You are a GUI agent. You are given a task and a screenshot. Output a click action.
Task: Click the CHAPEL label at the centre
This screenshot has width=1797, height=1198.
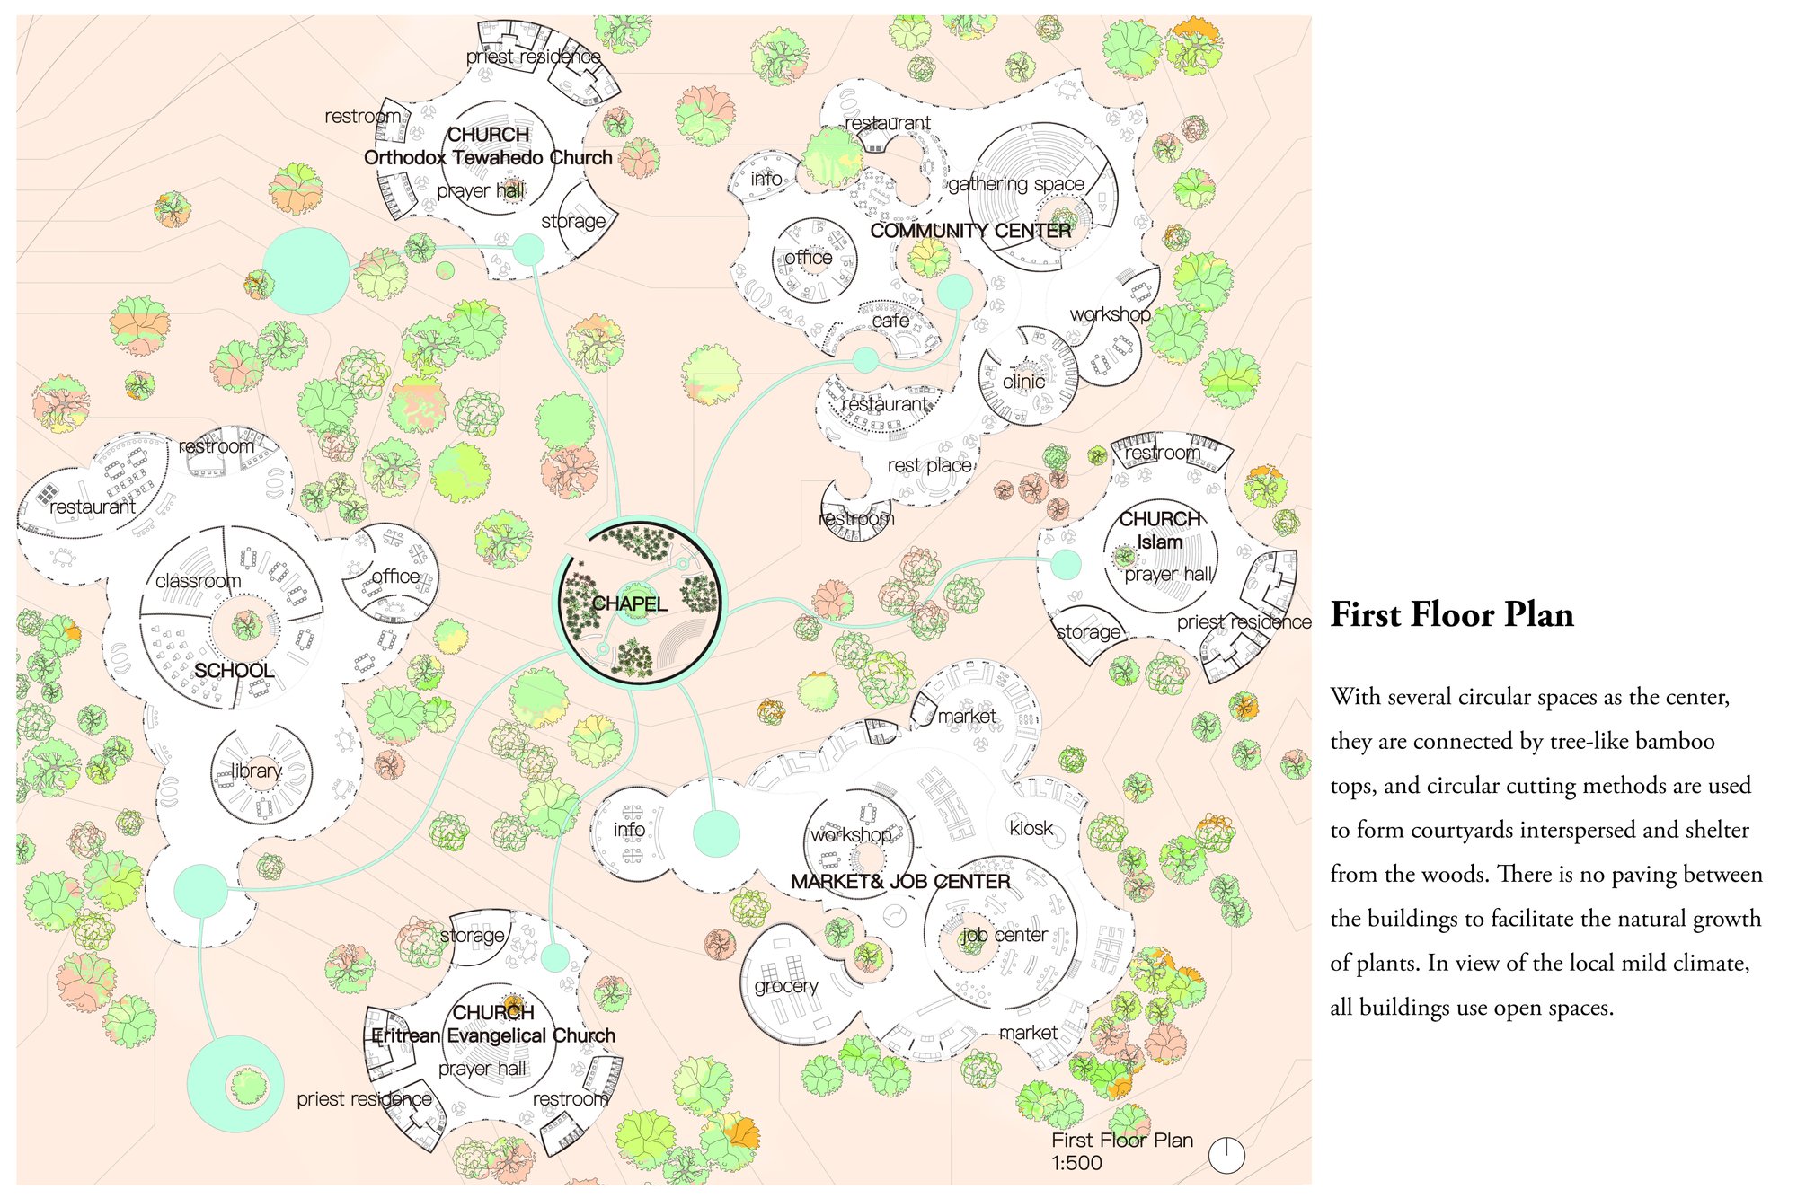click(629, 603)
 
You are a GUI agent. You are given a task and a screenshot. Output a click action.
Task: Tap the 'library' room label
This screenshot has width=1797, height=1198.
click(256, 771)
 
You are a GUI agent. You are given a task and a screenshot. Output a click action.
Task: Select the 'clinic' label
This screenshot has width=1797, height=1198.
click(1023, 382)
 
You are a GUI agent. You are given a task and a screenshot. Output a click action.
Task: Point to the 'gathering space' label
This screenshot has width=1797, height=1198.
click(1016, 185)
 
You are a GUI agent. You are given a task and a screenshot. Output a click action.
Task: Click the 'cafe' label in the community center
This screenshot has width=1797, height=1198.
click(890, 321)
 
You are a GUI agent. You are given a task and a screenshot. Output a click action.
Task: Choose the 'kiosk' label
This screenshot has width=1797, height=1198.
click(1031, 828)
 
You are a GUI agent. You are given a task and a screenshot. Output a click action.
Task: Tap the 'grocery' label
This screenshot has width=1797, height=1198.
click(786, 987)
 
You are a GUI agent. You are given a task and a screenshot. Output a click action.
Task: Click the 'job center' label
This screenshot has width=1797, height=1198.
click(1004, 935)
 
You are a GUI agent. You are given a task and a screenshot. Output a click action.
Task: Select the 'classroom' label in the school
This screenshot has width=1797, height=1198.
click(198, 581)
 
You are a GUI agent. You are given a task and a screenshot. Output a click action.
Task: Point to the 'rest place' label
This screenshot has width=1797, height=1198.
click(929, 466)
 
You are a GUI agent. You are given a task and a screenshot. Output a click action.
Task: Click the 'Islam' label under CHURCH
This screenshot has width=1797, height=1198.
click(1159, 542)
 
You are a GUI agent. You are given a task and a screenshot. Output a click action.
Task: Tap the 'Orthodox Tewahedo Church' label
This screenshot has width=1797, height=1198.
click(488, 158)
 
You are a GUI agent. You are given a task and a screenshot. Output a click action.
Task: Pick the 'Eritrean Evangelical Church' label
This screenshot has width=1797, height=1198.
click(493, 1036)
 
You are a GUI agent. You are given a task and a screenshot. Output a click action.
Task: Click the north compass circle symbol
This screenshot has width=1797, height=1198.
click(1226, 1155)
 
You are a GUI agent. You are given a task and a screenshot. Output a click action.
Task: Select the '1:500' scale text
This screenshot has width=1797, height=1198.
click(1076, 1163)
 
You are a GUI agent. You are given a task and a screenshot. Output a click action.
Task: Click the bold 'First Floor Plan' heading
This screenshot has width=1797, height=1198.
click(1452, 615)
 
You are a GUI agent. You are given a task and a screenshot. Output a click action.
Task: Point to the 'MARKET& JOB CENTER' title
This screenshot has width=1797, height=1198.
click(900, 882)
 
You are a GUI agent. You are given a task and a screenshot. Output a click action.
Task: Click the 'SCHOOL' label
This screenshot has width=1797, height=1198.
click(234, 671)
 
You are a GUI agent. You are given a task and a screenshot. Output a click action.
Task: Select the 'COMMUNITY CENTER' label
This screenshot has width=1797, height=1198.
click(970, 231)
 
